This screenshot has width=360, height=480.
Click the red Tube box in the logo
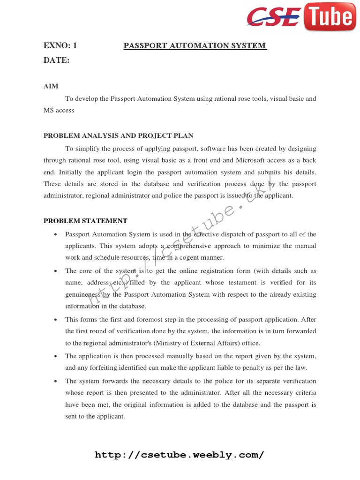[329, 17]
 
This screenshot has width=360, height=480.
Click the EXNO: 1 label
[60, 45]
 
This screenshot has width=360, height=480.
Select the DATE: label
[57, 60]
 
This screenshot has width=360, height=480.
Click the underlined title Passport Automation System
[195, 45]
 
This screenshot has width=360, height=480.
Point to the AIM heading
[51, 86]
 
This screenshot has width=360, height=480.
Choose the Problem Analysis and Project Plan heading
[118, 136]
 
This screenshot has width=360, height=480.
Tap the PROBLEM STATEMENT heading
[85, 221]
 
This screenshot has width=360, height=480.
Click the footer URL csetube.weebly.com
[180, 455]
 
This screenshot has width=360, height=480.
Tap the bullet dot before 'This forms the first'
[56, 320]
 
